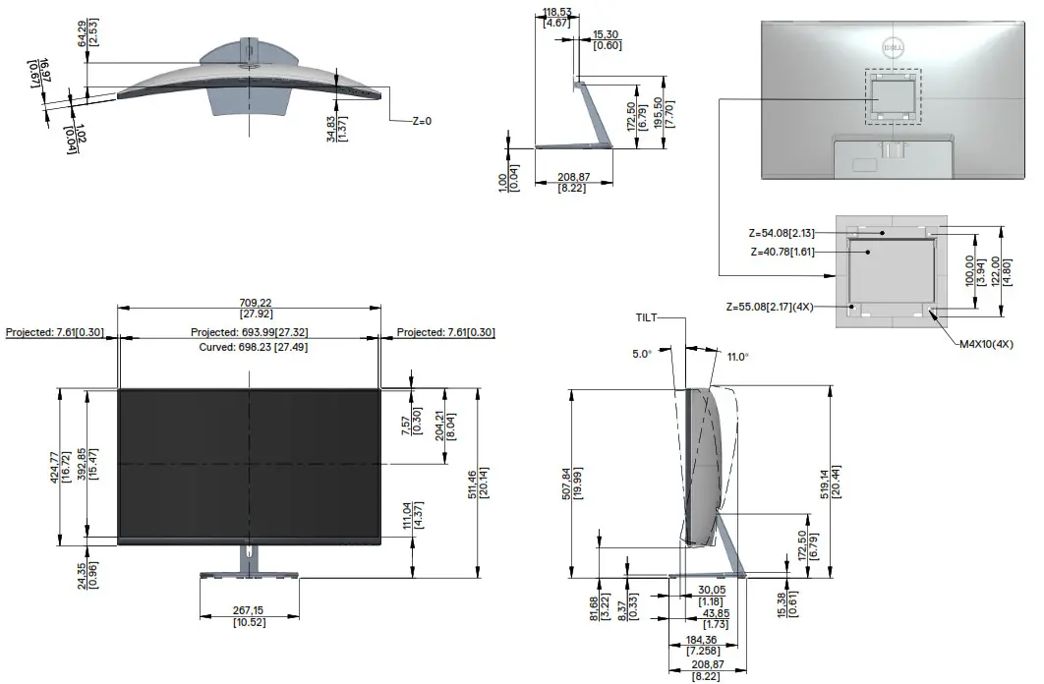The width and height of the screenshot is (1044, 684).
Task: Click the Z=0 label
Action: [x=422, y=122]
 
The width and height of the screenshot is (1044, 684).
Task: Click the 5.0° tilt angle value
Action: [x=642, y=354]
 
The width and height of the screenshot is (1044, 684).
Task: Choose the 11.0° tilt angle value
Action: [x=737, y=358]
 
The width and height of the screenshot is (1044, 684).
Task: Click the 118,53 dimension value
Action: [x=556, y=12]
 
